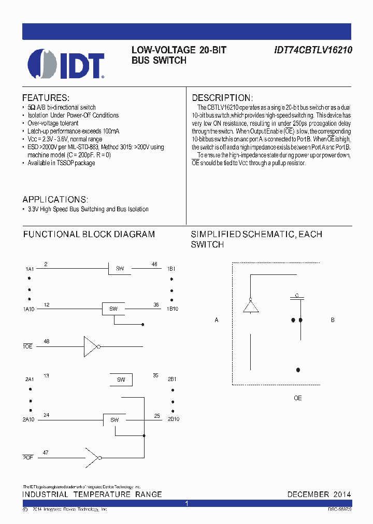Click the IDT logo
coord(66,64)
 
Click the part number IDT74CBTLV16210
coord(313,50)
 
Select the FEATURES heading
coord(46,98)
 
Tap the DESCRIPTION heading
coord(222,98)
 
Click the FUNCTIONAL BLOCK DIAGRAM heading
coord(89,234)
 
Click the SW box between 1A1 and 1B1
coord(120,269)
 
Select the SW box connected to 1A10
coord(113,309)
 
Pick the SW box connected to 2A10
coord(114,420)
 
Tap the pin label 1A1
coord(30,269)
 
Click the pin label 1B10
coord(173,309)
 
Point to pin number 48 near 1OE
coord(47,341)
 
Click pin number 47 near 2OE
coord(46,453)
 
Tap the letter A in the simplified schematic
coord(217,321)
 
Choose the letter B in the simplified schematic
coord(333,320)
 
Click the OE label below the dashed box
coord(298,398)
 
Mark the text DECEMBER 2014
coord(319,494)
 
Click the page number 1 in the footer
coord(187,503)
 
